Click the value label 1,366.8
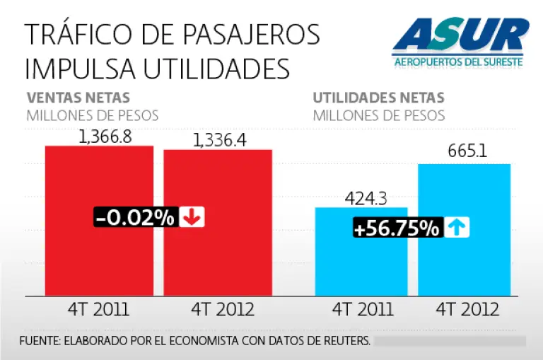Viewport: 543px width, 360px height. pos(105,136)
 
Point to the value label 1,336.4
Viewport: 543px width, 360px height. pos(219,140)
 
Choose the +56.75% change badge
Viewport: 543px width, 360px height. pos(398,228)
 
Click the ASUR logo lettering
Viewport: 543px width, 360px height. pos(460,36)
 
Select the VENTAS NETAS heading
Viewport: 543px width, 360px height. pos(78,98)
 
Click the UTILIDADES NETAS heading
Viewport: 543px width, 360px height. pos(378,98)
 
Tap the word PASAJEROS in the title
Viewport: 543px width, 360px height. pos(254,34)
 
